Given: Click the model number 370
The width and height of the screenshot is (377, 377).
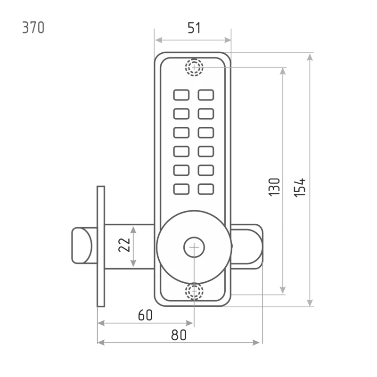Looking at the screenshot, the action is coord(33,27).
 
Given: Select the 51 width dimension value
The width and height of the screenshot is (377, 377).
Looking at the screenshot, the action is coord(194,28).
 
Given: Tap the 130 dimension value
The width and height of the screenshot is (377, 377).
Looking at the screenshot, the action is coord(274,187).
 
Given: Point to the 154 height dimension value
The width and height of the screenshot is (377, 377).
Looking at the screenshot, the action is coord(300,188).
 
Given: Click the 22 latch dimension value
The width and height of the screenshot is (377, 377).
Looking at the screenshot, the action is coord(124,245).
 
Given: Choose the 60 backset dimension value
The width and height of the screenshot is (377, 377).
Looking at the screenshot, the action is coord(145,315).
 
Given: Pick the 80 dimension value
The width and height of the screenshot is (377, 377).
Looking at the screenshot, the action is coord(179,335).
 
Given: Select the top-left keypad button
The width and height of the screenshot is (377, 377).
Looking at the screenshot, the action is coord(181,95).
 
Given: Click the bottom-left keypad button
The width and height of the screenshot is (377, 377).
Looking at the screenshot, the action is coord(181,189).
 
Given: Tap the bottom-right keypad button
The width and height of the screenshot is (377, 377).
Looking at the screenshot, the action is coord(206,189).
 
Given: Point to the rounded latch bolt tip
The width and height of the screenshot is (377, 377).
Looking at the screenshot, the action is coord(82,246).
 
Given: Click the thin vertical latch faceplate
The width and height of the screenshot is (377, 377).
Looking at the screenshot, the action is coord(101,246).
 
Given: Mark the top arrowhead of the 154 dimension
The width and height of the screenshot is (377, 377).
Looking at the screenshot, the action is coord(310,57).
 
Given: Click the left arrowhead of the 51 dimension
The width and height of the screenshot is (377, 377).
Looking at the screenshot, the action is coord(159,40).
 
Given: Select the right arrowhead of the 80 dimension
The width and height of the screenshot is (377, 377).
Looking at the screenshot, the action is coord(256,343).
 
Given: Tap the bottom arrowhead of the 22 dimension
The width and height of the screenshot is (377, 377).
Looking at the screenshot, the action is coord(133,263).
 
